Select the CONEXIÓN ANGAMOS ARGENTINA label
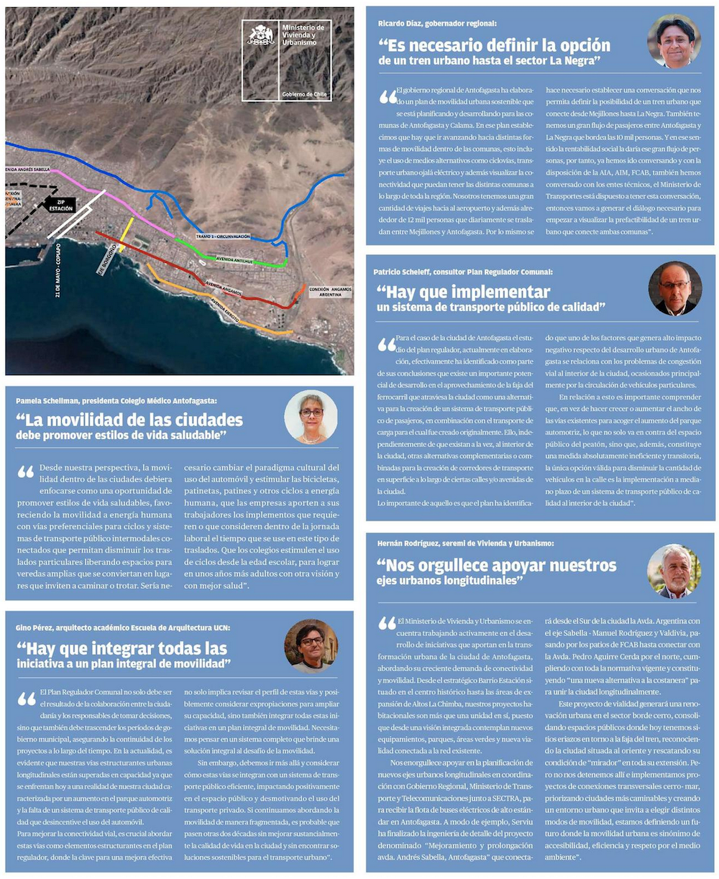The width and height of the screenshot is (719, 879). coord(331,292)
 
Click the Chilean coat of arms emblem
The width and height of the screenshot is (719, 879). coord(261,36)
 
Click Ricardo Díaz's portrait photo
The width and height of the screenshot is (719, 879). coord(674,41)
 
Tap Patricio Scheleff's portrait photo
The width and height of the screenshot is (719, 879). coord(674,288)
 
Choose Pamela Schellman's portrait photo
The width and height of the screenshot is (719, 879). coord(311,417)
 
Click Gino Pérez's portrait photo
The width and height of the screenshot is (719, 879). coord(311,645)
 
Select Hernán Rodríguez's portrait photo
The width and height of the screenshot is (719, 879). coord(674,571)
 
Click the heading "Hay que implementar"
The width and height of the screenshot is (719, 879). coord(463,292)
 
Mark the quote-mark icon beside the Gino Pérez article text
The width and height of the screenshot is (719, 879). coord(27,698)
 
